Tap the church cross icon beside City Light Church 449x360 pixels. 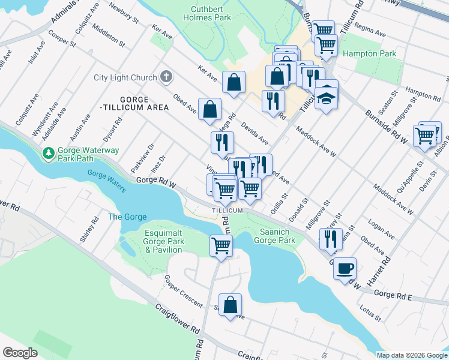tap(166, 77)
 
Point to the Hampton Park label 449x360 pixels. tap(369, 54)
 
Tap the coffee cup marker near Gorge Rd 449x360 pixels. tap(345, 268)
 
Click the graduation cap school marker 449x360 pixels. tap(326, 97)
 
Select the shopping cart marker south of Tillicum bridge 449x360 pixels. tap(221, 245)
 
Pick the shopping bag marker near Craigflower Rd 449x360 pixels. tap(230, 305)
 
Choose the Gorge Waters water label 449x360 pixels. tap(107, 181)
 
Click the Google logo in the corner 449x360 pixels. tap(20, 353)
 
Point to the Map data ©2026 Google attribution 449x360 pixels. tap(411, 355)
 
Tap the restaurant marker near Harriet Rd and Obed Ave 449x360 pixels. tap(330, 239)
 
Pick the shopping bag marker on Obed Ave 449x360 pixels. tap(209, 109)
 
